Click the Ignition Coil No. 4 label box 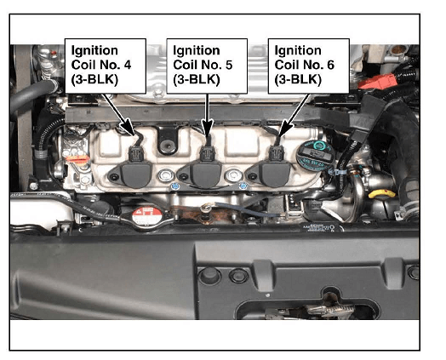pyautogui.click(x=106, y=66)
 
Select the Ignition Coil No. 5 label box pyautogui.click(x=207, y=66)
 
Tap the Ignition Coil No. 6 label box pyautogui.click(x=309, y=66)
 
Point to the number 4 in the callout pyautogui.click(x=128, y=66)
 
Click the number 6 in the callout pyautogui.click(x=330, y=66)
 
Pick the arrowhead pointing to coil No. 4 pyautogui.click(x=128, y=127)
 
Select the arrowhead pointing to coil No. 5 pyautogui.click(x=208, y=127)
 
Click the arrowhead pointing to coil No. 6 pyautogui.click(x=285, y=128)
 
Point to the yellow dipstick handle pyautogui.click(x=381, y=194)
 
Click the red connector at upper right pyautogui.click(x=377, y=81)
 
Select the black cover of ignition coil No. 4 pyautogui.click(x=133, y=174)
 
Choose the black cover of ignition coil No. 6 pyautogui.click(x=271, y=174)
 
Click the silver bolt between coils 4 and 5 pyautogui.click(x=166, y=175)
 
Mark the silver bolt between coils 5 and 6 pyautogui.click(x=234, y=175)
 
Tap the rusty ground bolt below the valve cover pyautogui.click(x=205, y=209)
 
